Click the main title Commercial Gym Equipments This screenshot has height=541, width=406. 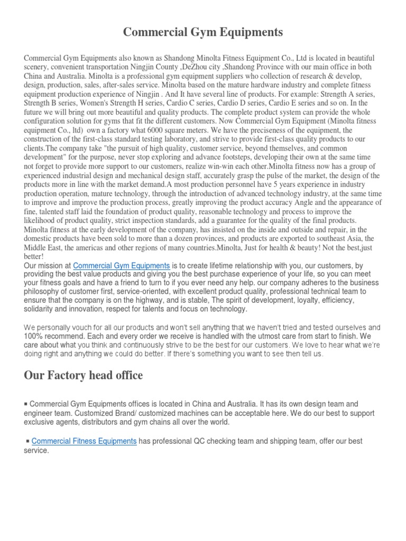203,33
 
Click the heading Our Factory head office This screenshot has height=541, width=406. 84,376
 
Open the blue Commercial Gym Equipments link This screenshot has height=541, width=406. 122,266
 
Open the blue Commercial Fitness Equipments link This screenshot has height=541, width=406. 84,441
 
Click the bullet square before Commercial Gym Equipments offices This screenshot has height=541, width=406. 26,403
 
